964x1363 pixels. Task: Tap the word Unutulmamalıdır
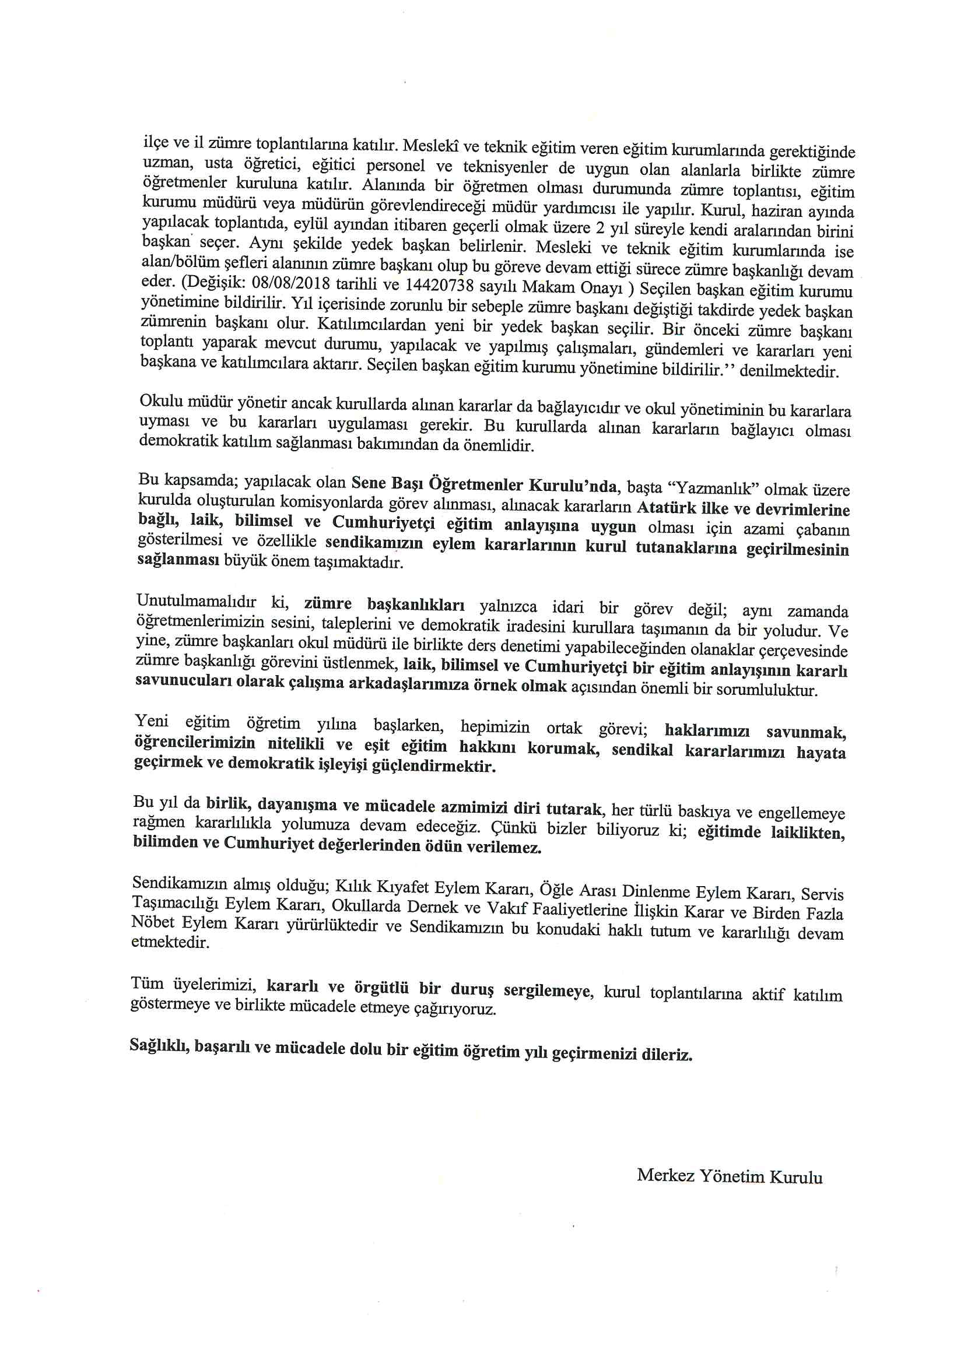[197, 601]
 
